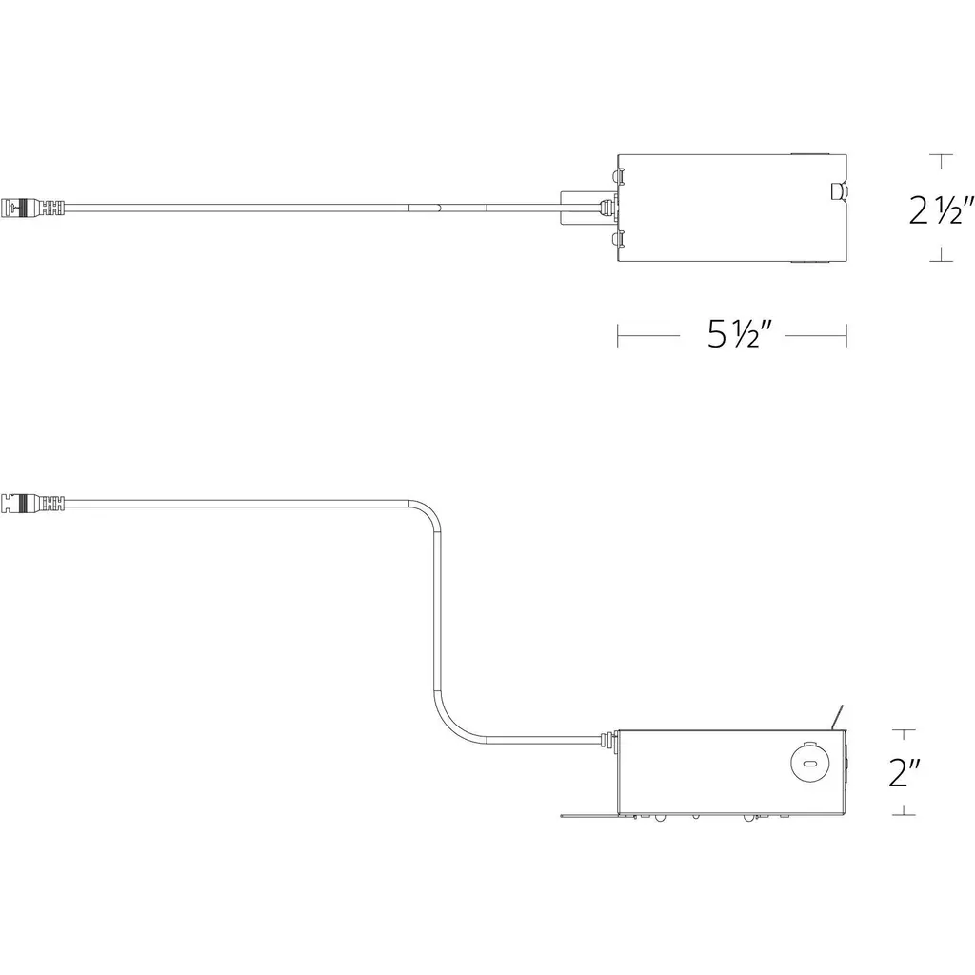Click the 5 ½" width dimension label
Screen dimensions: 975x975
coord(739,335)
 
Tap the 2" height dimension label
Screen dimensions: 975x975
coord(905,773)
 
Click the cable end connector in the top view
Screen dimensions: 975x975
coord(33,207)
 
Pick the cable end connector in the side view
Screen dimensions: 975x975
coord(33,502)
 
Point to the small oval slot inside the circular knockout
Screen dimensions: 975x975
coord(808,764)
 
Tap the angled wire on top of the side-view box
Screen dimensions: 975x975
coord(837,716)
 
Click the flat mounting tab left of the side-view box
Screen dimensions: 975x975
coord(588,815)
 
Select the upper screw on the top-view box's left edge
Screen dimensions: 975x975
coord(617,176)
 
